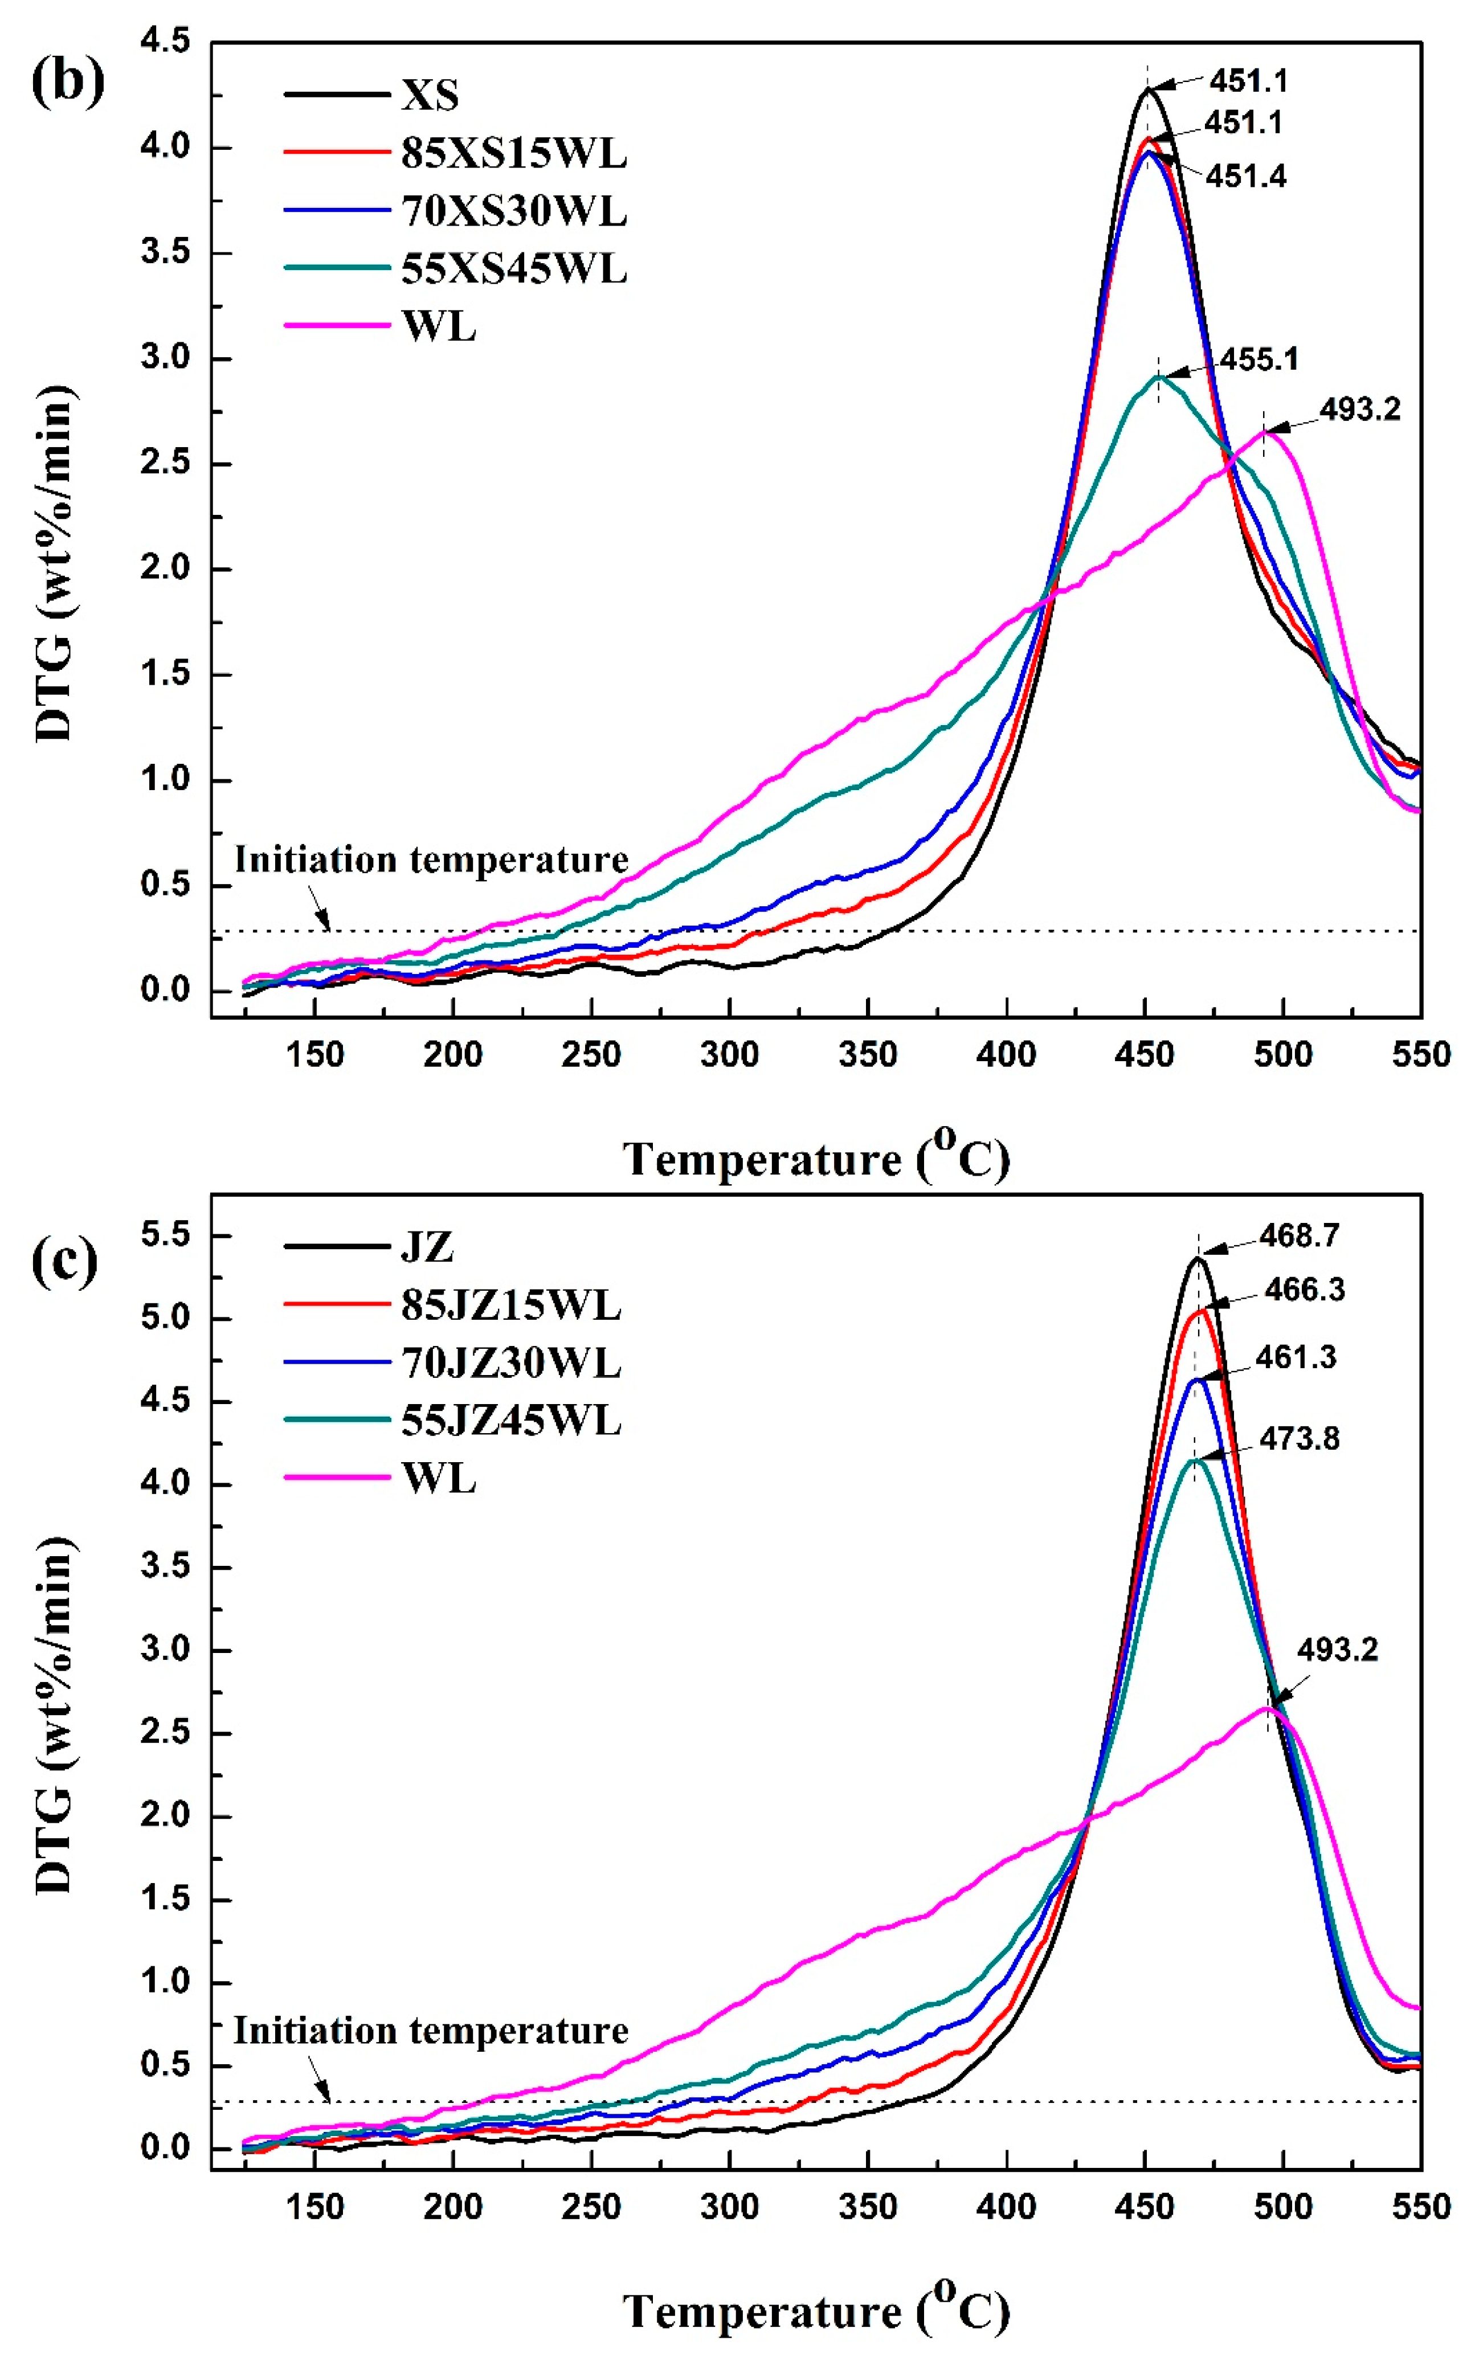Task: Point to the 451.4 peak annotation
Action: click(x=1246, y=177)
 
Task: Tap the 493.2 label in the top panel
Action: click(x=1360, y=408)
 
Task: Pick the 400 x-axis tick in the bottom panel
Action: click(x=1006, y=2206)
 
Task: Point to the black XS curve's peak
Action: click(x=1147, y=90)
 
